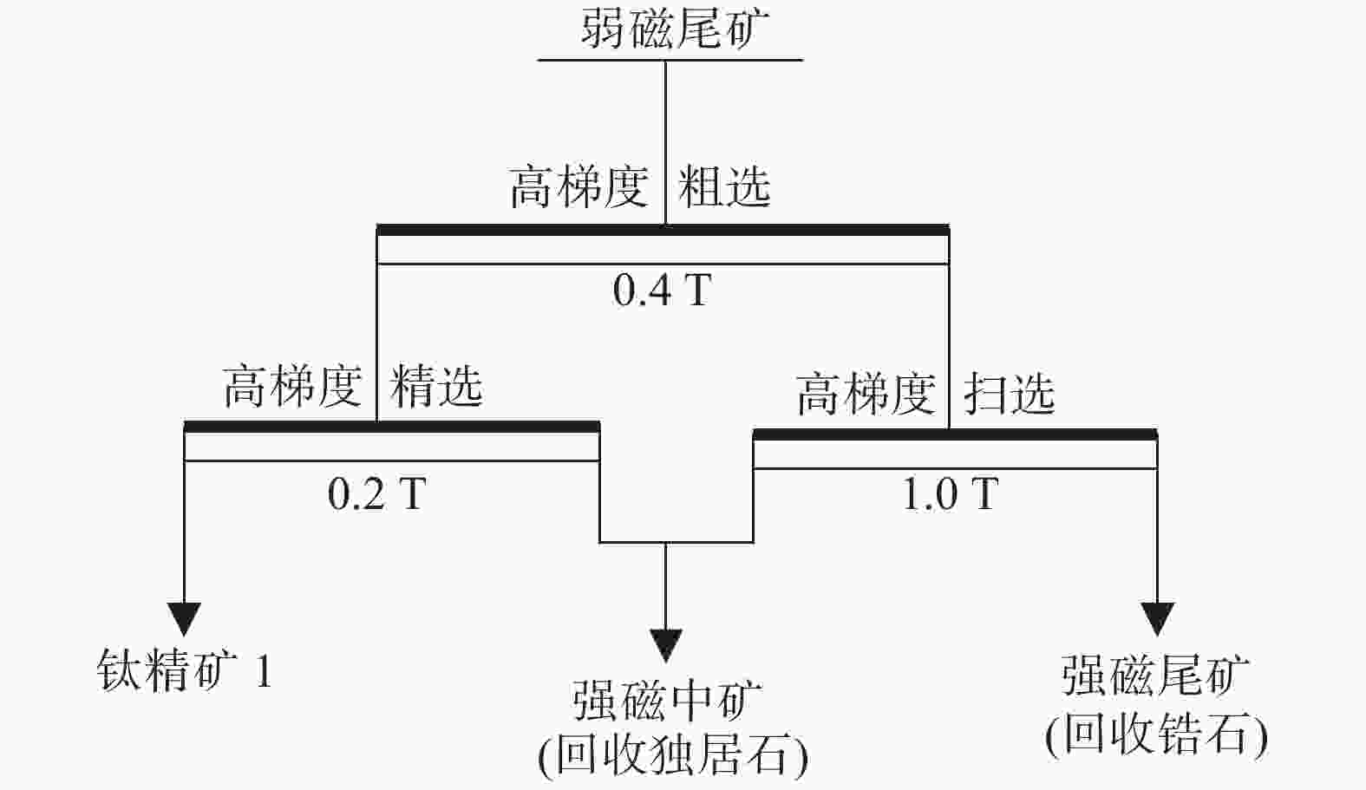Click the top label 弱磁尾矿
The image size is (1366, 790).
(675, 28)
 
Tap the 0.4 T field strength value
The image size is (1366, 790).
(662, 291)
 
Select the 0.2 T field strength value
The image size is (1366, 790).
(376, 493)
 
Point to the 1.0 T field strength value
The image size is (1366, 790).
(950, 493)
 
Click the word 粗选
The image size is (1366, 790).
(724, 186)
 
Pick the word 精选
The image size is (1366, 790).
(436, 385)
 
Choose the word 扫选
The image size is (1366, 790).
(1010, 393)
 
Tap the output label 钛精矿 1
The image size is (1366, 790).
(184, 670)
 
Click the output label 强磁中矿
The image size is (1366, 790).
(667, 701)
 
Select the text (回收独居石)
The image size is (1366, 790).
(673, 757)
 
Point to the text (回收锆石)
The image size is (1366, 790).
(1157, 735)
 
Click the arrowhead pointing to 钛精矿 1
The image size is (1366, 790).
(184, 619)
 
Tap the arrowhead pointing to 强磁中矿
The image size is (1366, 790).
(666, 646)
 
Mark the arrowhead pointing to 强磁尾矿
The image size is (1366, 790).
(1158, 619)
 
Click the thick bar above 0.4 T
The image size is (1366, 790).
(663, 230)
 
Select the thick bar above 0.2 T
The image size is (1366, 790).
(392, 426)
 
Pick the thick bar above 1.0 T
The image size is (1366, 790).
(955, 434)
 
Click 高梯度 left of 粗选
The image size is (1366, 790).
(578, 186)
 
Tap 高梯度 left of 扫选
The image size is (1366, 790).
(866, 394)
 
